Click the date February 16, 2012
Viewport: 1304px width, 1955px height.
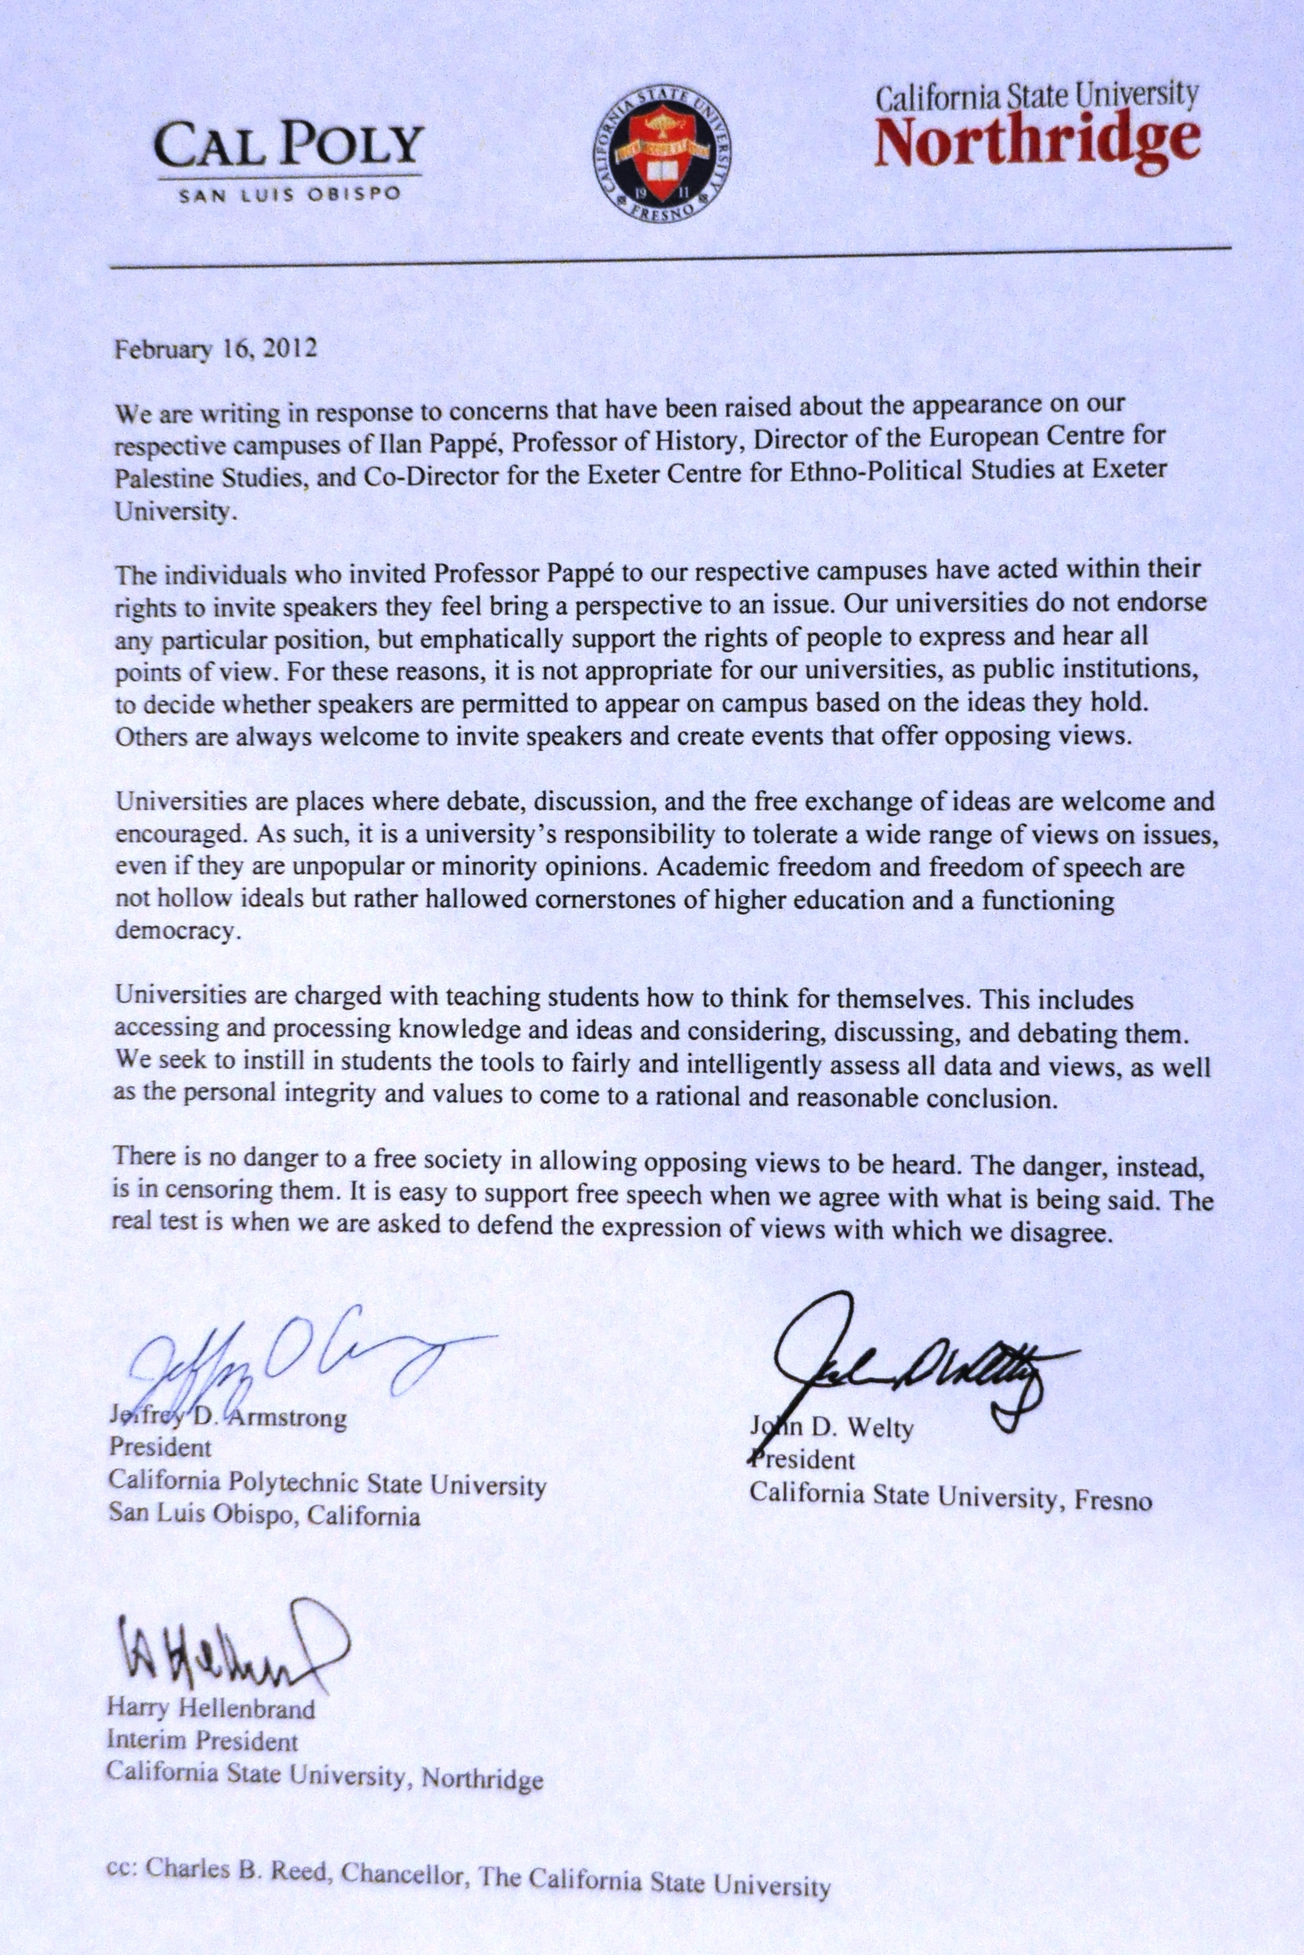tap(216, 347)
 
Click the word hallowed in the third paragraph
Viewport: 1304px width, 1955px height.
tap(466, 900)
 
